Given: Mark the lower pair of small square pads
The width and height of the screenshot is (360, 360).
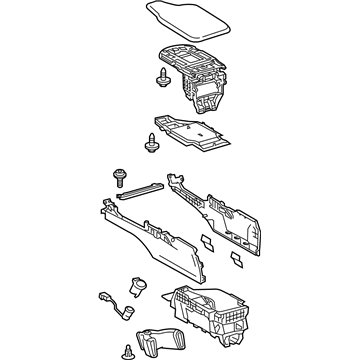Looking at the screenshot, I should pos(236,259).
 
